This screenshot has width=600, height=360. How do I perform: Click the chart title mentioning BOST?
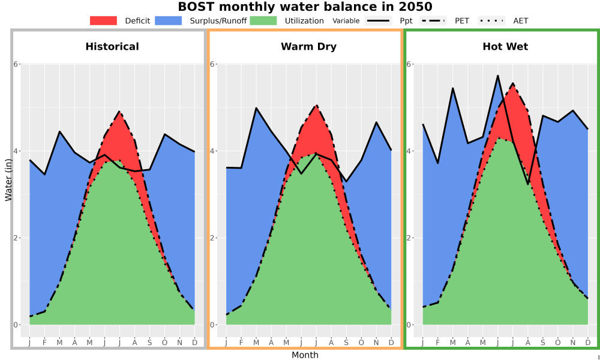click(x=305, y=7)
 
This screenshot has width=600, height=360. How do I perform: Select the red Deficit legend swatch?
click(x=103, y=20)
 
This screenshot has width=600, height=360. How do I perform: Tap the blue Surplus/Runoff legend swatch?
click(x=169, y=20)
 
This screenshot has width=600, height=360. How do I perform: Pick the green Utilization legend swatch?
click(x=263, y=20)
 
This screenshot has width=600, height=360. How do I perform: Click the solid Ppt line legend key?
click(x=378, y=20)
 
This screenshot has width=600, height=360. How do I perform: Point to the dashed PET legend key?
click(x=433, y=20)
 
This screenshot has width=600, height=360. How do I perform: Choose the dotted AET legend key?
click(x=491, y=20)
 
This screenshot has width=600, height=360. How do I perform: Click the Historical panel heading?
click(x=112, y=47)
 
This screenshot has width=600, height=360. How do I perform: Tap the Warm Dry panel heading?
click(x=308, y=47)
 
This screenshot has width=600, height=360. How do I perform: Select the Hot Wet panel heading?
click(x=505, y=47)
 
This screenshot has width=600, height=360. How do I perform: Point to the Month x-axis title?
click(x=305, y=355)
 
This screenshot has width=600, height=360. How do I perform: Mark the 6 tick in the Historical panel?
click(x=16, y=64)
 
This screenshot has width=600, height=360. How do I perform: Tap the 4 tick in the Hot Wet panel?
click(x=408, y=151)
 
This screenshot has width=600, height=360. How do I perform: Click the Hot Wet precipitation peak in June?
click(x=498, y=76)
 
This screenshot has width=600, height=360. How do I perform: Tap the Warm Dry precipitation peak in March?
click(x=256, y=108)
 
